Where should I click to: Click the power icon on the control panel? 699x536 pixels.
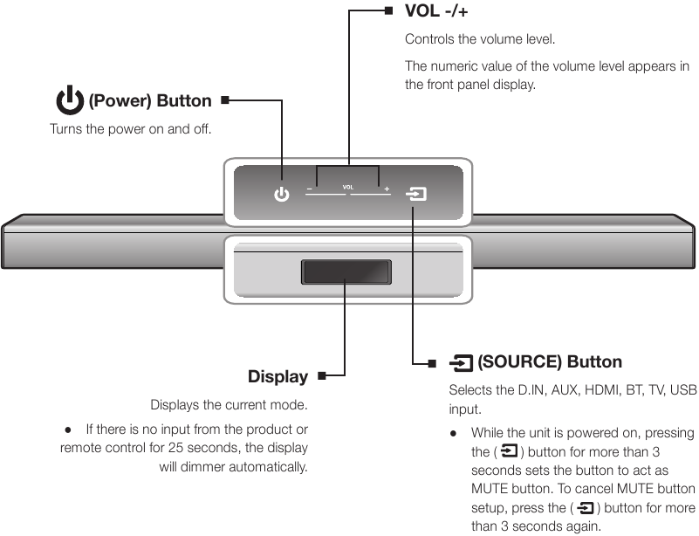point(281,195)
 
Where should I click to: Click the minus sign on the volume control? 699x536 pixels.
point(309,189)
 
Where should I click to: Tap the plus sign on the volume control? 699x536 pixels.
point(387,189)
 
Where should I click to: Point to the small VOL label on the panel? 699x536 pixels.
point(347,187)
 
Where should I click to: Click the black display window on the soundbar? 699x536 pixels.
point(346,271)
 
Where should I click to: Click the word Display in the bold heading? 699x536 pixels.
point(278,377)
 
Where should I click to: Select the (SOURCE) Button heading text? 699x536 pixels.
point(550,362)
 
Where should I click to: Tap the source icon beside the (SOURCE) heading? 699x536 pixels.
point(461,362)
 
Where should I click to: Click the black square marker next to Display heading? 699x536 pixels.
point(322,376)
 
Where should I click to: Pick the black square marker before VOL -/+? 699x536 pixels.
point(388,11)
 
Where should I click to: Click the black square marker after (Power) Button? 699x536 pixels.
point(225,100)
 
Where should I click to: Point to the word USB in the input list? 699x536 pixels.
point(683,390)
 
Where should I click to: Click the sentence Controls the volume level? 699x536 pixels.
point(480,39)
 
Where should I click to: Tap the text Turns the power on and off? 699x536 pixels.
point(131,129)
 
